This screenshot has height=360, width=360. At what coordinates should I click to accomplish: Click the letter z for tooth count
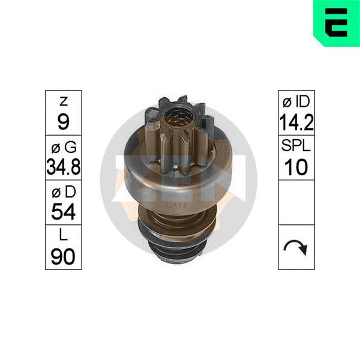64,101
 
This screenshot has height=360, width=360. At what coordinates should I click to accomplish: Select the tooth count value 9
64,122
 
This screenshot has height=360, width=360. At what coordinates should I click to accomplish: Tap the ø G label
64,147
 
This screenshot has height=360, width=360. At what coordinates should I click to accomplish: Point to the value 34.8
64,166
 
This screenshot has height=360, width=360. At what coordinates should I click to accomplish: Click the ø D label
64,192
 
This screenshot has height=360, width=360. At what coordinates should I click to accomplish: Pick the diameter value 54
64,211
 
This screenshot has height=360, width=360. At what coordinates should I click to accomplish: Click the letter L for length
64,235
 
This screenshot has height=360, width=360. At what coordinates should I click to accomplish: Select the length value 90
63,256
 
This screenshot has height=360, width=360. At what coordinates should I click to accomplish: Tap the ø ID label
296,101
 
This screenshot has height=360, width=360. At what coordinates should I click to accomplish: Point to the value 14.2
296,122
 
